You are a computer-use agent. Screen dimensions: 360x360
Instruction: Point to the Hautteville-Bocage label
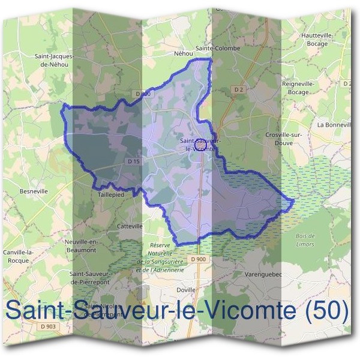point(318,40)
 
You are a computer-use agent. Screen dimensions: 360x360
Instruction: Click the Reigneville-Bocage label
point(298,88)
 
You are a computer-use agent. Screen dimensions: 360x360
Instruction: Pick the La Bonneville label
point(334,125)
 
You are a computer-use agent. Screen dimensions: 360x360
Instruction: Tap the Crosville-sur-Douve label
point(283,139)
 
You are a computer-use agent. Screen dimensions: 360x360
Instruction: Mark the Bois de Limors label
point(305,240)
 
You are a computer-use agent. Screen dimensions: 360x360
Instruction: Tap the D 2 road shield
point(239,90)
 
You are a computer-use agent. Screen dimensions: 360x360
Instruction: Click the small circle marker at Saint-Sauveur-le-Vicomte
point(202,145)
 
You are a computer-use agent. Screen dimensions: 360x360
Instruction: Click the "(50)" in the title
point(327,312)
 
